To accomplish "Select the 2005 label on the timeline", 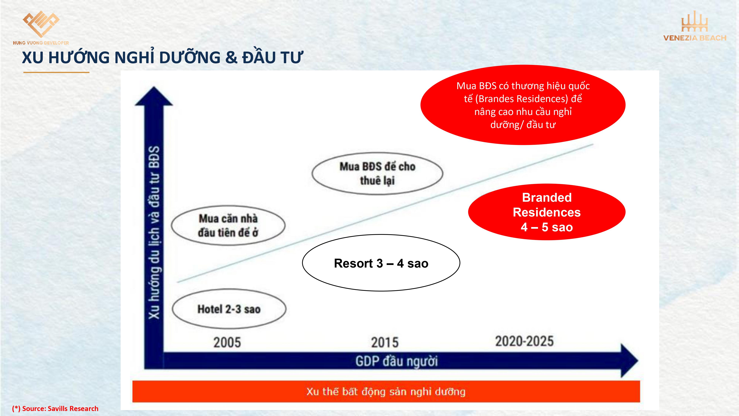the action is pos(227,342).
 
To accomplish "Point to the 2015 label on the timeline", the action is pos(385,342).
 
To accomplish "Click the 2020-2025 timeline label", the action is pos(525,341).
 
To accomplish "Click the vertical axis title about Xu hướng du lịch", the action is pos(154,233).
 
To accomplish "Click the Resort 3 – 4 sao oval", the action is pos(381,263).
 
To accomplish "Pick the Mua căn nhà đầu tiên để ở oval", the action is pos(228,225).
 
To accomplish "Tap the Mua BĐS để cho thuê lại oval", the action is pos(377,173).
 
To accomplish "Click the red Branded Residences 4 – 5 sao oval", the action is pos(547,212).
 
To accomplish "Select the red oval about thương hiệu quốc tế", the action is pos(523,105).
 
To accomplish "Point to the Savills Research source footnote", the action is pos(55,409).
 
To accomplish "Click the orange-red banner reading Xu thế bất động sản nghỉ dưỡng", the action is pos(386,392).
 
